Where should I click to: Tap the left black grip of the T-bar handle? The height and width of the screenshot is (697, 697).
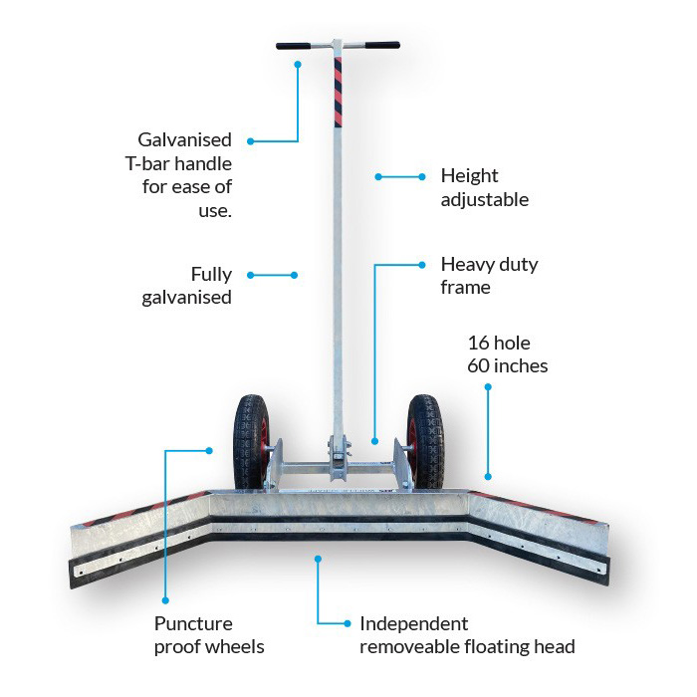point(295,45)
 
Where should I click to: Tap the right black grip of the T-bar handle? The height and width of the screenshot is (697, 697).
point(381,45)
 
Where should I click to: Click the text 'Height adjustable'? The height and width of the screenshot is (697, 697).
point(484,187)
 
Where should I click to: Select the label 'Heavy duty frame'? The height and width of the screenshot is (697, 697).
point(489,276)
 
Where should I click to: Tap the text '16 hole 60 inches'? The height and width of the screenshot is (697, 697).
point(508,354)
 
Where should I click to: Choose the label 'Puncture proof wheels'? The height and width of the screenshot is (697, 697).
point(209,635)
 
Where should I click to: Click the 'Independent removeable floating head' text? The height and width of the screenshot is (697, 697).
point(467,635)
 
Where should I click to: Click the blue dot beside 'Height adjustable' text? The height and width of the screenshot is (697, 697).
point(378,177)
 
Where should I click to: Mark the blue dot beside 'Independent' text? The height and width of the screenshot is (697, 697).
point(347,624)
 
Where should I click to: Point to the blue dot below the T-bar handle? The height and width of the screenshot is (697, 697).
point(297,64)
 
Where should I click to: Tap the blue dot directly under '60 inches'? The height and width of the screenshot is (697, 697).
point(489,389)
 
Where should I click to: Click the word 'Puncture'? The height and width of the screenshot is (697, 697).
point(193,624)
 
